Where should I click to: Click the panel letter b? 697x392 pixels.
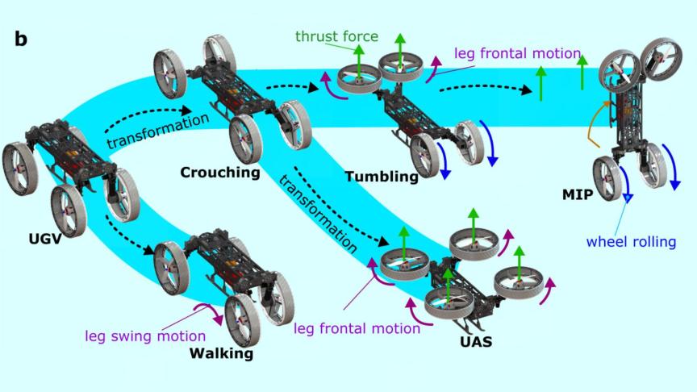(x=22, y=39)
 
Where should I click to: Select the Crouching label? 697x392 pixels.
(x=220, y=172)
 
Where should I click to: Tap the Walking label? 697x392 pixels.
(x=221, y=353)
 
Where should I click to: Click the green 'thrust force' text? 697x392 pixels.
(x=337, y=36)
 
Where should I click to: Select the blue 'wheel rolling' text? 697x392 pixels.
(x=631, y=241)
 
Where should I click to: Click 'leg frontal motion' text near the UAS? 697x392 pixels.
(x=357, y=328)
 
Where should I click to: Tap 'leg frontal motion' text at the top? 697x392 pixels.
(x=517, y=54)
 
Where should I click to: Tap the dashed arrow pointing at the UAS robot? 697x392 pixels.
(x=339, y=206)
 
